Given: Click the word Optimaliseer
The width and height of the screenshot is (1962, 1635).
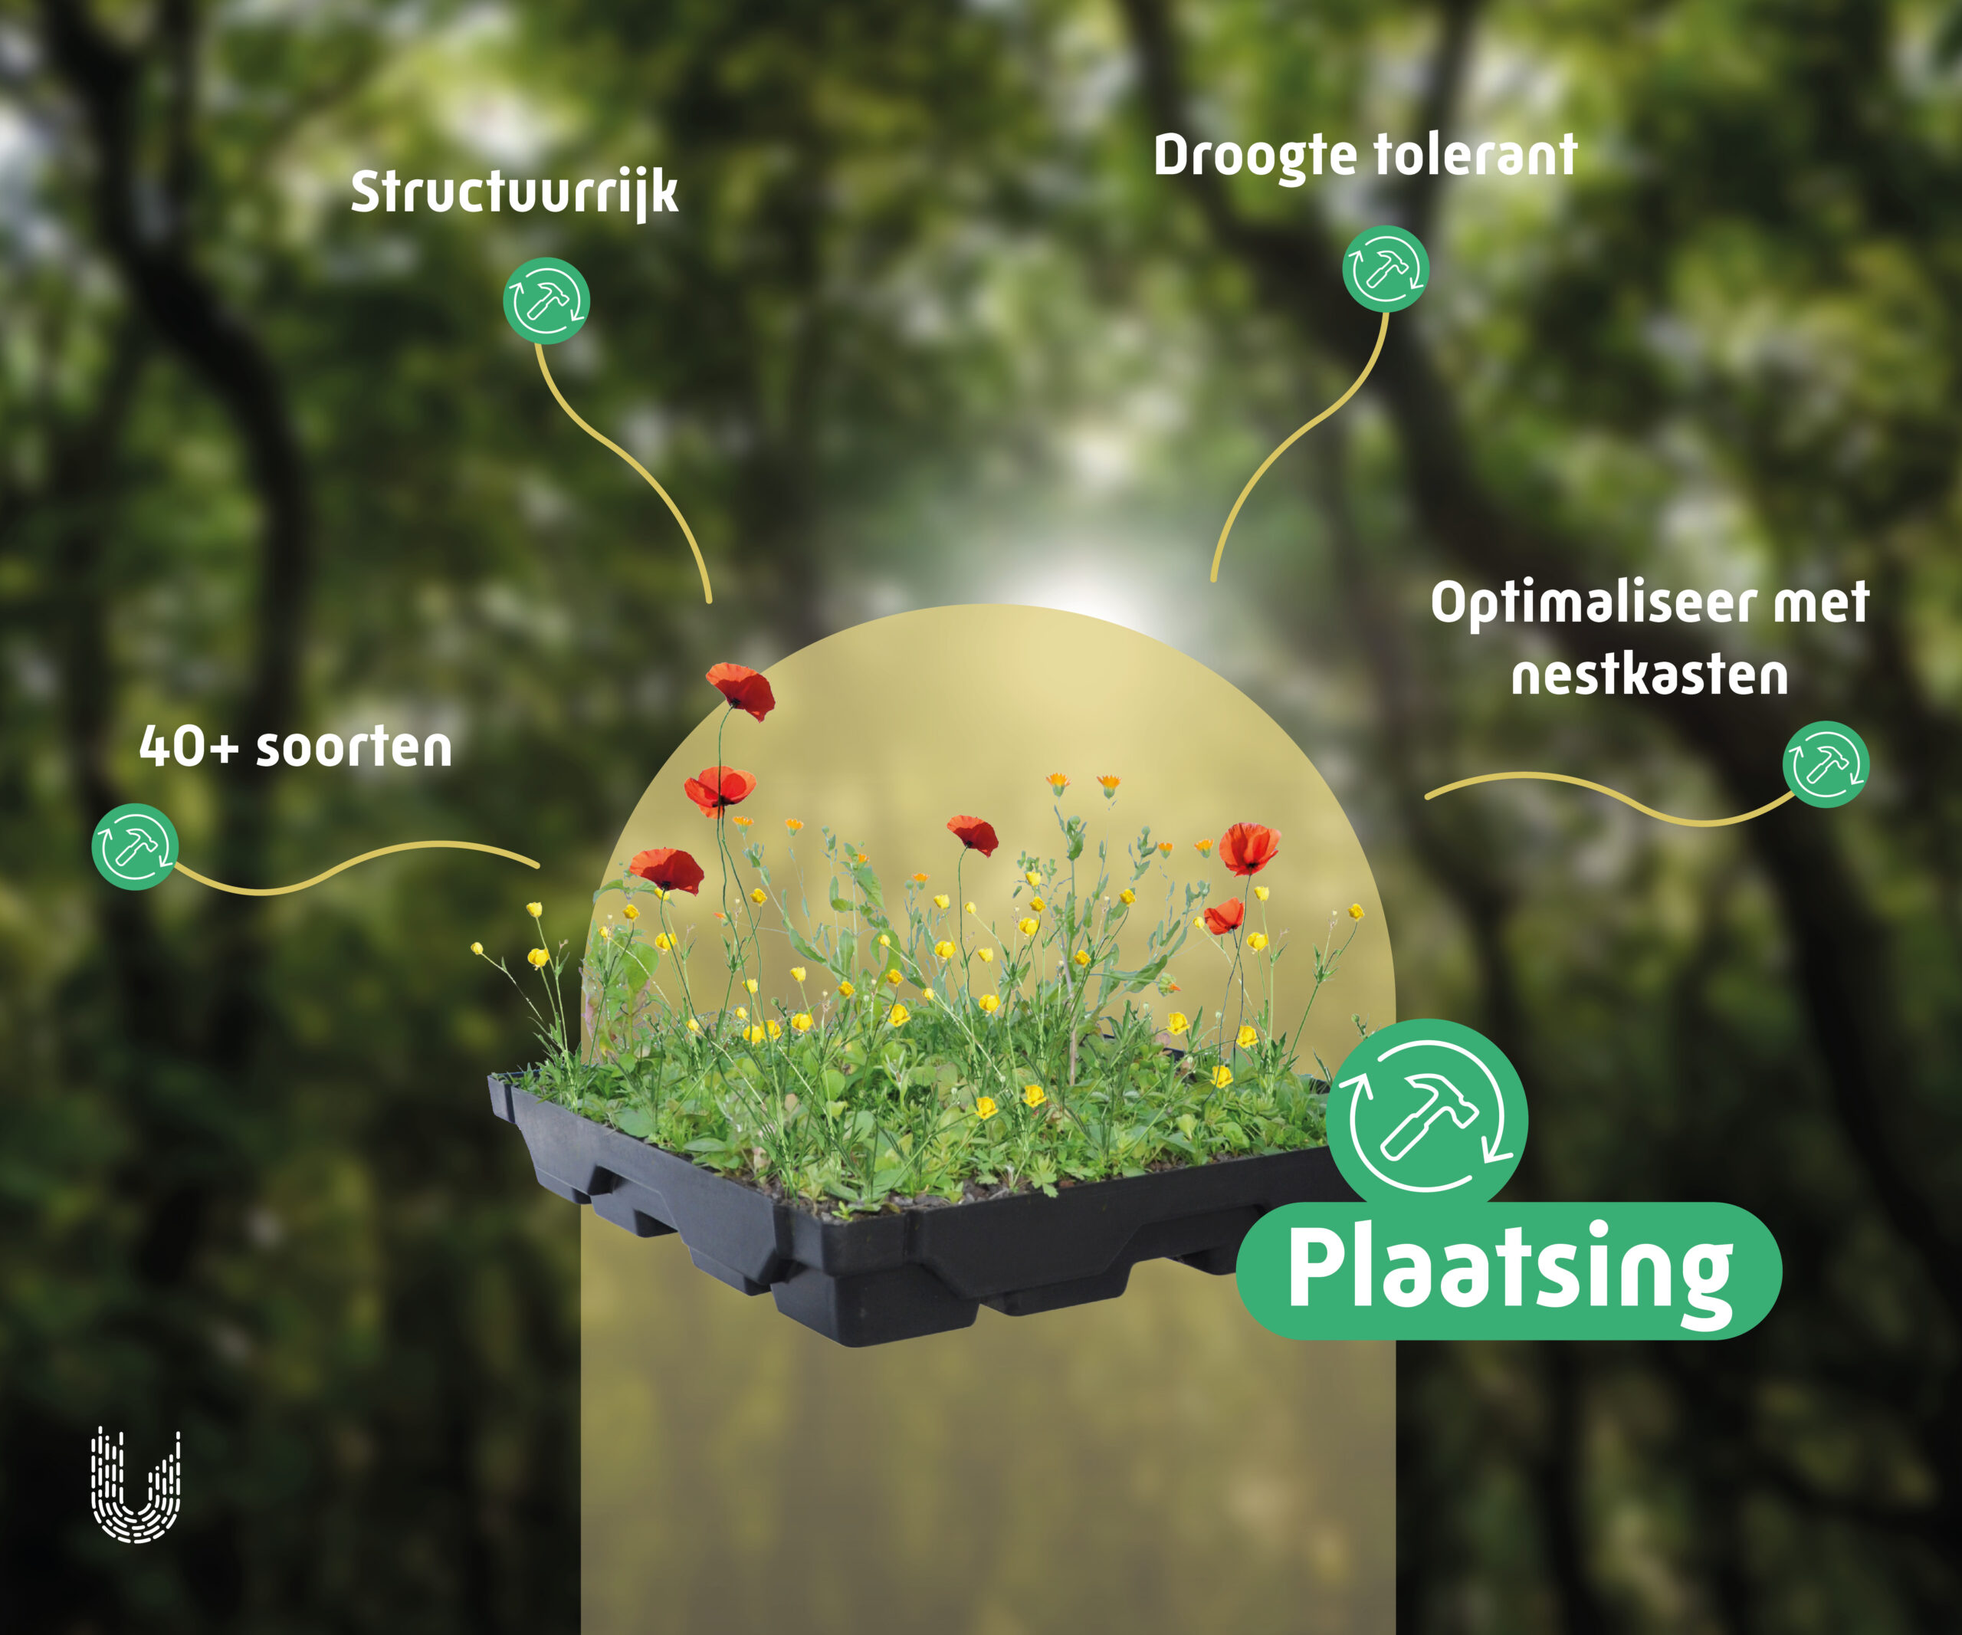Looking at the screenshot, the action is (x=1593, y=602).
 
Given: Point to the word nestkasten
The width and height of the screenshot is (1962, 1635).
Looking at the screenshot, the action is (x=1650, y=675).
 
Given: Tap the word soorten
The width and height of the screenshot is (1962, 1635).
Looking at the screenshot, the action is (x=353, y=748).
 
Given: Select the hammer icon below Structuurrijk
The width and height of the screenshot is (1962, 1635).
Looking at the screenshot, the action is (x=546, y=300).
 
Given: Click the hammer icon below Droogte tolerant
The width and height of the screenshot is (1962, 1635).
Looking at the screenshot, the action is (x=1386, y=269).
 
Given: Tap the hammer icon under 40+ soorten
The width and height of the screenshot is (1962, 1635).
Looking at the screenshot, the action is (x=136, y=846).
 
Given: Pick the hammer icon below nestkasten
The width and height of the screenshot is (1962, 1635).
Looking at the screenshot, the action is (x=1826, y=764).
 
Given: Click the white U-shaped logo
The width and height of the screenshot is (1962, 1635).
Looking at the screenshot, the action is (x=136, y=1486).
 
